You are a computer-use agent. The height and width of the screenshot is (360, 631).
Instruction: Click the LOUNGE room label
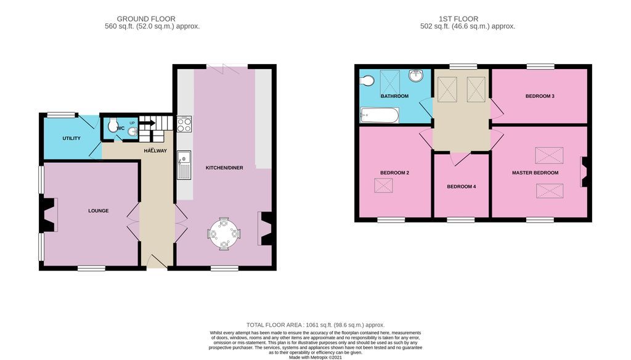tap(98, 211)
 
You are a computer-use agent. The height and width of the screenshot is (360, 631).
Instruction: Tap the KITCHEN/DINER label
tap(223, 168)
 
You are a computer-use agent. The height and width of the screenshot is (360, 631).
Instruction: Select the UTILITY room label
tap(71, 138)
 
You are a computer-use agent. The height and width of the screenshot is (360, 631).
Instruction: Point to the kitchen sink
tap(184, 165)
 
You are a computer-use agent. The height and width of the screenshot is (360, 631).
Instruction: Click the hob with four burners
tap(184, 125)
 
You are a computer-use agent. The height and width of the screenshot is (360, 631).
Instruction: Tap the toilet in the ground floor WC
tap(112, 126)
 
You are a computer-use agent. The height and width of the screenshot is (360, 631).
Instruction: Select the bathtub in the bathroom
tap(380, 115)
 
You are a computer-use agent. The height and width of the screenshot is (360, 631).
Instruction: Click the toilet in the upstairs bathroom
tap(367, 80)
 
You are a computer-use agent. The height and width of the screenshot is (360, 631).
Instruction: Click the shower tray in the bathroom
tap(389, 80)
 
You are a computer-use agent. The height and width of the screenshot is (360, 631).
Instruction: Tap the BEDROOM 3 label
tap(540, 96)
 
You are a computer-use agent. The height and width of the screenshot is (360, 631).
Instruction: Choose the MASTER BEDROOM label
tap(535, 173)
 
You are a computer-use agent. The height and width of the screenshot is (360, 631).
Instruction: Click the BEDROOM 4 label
tap(461, 186)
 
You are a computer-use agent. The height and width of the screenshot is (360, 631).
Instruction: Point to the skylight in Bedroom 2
tap(384, 185)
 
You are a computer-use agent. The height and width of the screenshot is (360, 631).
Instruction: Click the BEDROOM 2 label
tap(394, 173)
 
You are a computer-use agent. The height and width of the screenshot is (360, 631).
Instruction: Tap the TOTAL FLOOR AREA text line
tap(315, 324)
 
